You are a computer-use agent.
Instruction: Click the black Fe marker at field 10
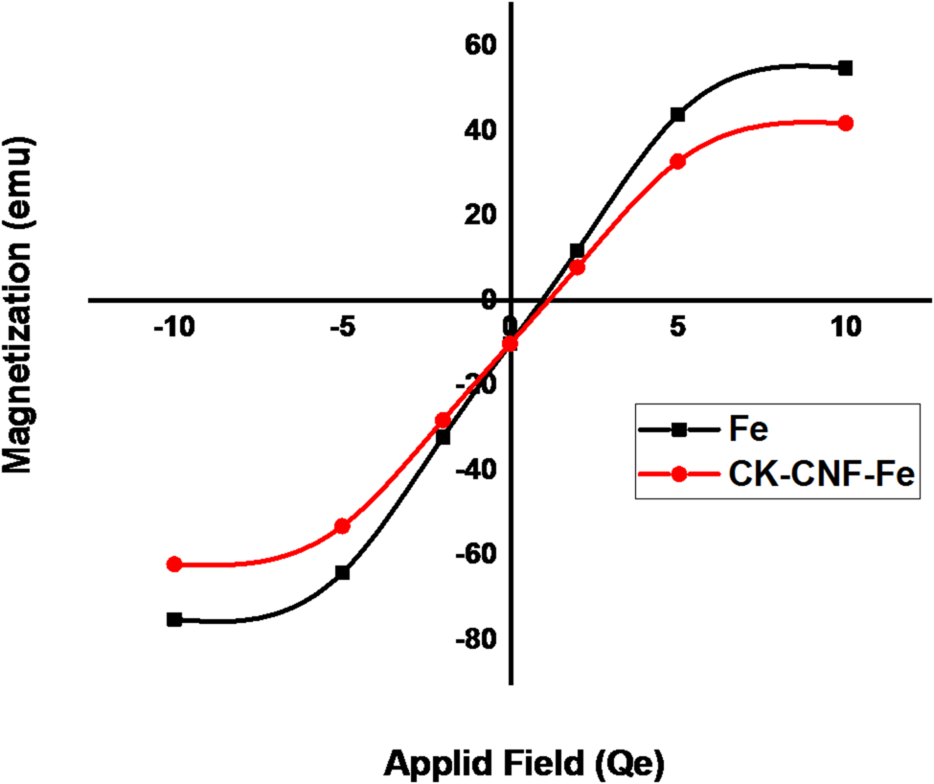pos(845,68)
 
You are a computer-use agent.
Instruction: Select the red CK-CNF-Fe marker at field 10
pos(845,123)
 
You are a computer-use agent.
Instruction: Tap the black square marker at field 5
pos(677,114)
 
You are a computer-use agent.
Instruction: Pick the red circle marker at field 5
pos(677,161)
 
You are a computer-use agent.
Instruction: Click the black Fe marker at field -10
pos(174,619)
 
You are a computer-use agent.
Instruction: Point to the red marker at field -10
pos(174,565)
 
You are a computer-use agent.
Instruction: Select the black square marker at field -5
pos(342,572)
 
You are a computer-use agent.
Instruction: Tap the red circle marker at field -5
pos(342,526)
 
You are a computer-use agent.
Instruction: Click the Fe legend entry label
pos(747,430)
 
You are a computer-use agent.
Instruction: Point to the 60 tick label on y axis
pos(478,45)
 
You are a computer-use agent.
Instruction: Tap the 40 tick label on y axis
pos(478,130)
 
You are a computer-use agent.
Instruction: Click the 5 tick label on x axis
pos(677,327)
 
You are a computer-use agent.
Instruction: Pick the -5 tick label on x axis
pos(342,327)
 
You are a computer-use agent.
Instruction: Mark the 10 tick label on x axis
pos(845,327)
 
